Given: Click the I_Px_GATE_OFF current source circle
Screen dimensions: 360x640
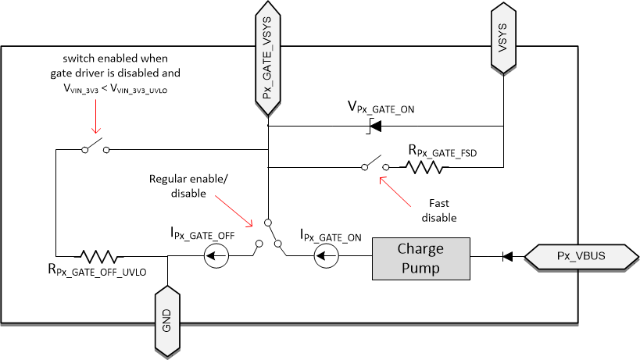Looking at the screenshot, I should point(217,255).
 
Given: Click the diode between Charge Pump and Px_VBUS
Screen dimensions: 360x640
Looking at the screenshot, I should point(507,255).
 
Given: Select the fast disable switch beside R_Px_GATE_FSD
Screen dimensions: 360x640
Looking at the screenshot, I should point(372,164).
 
